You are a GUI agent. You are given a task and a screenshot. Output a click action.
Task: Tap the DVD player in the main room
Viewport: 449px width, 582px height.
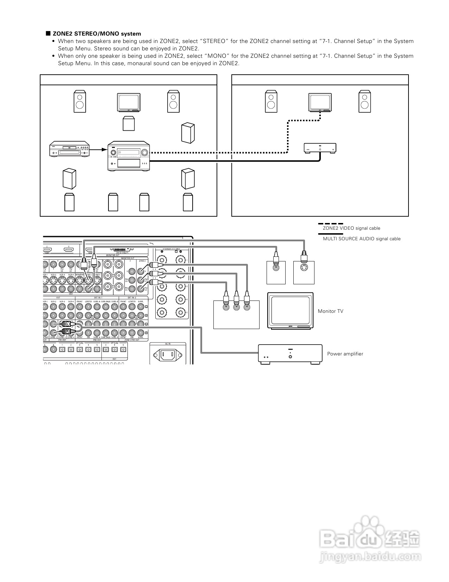pos(69,150)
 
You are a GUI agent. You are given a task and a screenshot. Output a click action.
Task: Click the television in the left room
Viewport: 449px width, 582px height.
pos(129,103)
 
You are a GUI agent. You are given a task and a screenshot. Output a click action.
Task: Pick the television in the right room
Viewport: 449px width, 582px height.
pos(320,102)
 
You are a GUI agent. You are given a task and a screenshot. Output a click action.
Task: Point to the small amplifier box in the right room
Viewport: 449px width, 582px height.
pos(320,148)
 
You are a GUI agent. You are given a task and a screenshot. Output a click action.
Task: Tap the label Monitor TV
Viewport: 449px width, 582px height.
pos(330,311)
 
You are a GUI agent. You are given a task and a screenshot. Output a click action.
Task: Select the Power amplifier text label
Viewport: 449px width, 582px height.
pos(345,354)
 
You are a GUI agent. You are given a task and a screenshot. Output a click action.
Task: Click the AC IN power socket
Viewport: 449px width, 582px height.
pos(168,354)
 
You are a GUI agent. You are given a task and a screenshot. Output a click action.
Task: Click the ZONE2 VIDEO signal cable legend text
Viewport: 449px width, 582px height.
pos(351,228)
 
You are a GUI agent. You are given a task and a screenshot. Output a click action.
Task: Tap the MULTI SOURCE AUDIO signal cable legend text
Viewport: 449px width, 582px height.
pos(362,239)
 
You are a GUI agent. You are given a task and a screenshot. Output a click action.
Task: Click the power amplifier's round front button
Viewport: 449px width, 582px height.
pos(290,356)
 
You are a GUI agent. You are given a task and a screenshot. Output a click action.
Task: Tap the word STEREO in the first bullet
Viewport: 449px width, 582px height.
pos(215,41)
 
